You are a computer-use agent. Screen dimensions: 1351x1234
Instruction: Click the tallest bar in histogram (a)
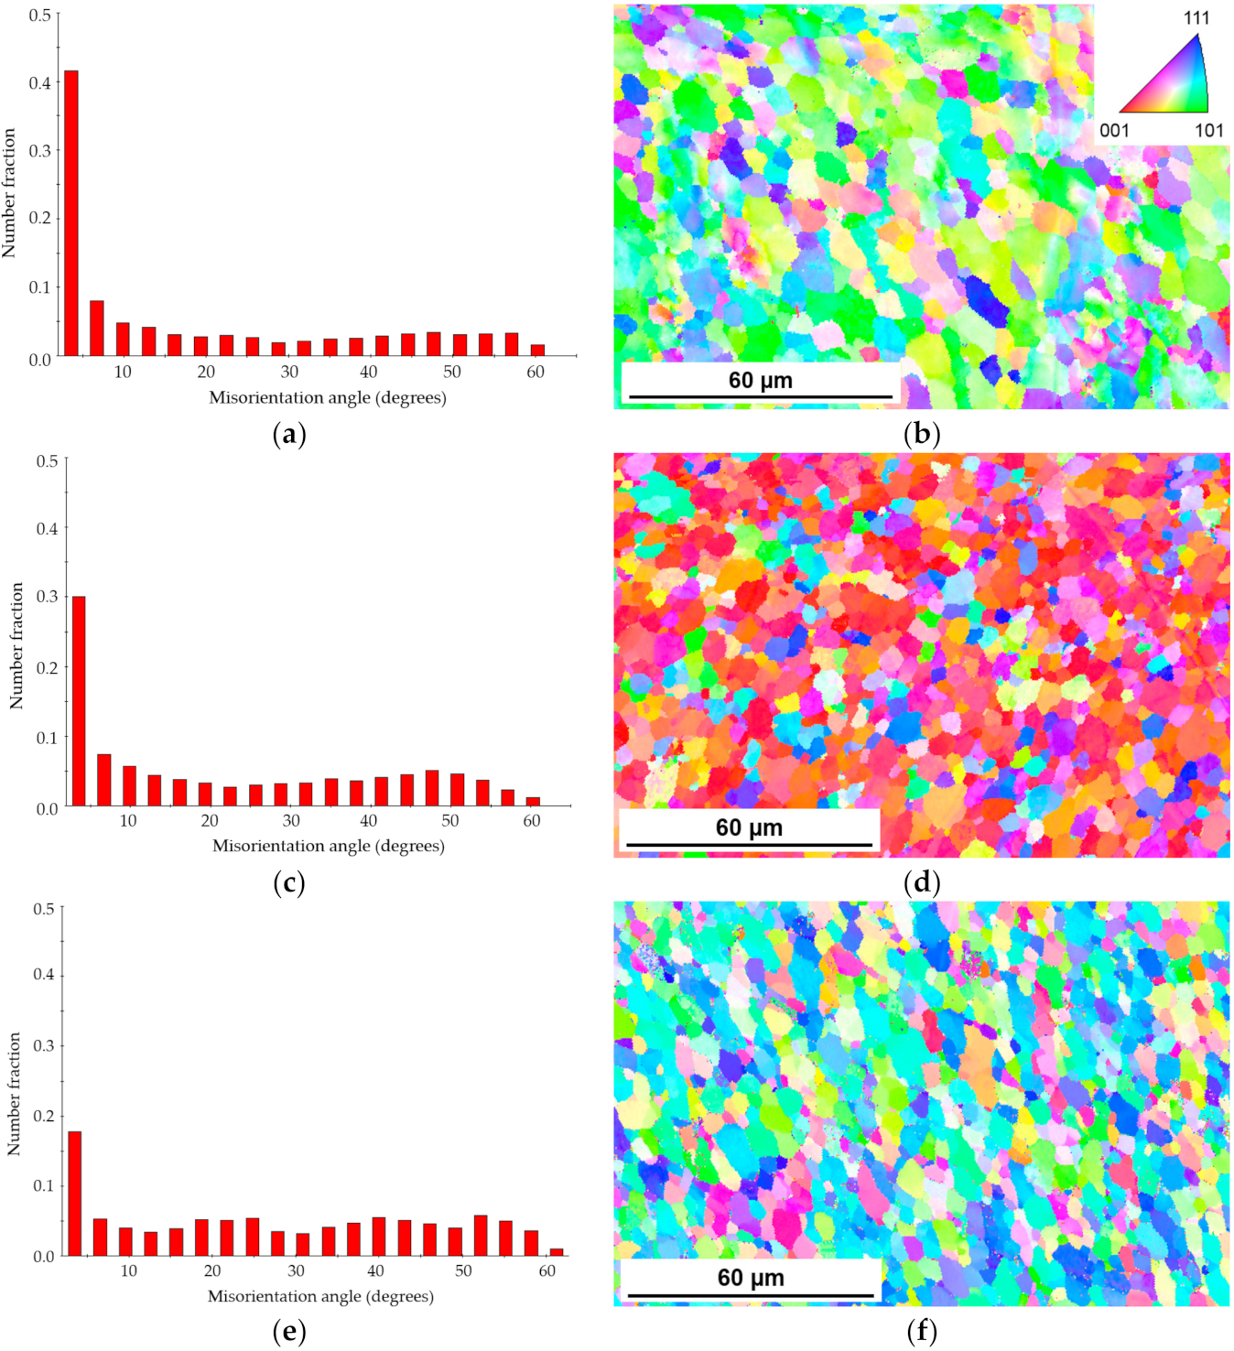click(70, 212)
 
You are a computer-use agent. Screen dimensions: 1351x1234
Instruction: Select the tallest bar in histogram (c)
click(79, 700)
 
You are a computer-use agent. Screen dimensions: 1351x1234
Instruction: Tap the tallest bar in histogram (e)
click(75, 1194)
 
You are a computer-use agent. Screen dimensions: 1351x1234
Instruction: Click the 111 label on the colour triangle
click(1196, 18)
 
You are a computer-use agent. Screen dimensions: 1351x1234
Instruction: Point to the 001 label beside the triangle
click(1114, 130)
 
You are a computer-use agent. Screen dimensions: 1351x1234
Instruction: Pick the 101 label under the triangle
click(1208, 130)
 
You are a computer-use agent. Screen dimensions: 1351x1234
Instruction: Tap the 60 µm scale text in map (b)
click(760, 380)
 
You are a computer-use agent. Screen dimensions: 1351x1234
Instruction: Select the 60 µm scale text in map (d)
click(749, 827)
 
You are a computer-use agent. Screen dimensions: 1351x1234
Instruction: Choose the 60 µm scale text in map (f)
click(751, 1278)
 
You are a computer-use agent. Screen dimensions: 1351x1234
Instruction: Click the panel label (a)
click(289, 434)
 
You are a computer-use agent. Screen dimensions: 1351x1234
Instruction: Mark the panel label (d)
click(921, 882)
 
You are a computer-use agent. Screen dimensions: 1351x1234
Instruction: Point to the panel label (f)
click(921, 1332)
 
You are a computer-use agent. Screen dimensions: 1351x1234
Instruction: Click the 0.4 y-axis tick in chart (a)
click(39, 83)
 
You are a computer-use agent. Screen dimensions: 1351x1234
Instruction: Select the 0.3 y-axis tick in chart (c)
click(47, 597)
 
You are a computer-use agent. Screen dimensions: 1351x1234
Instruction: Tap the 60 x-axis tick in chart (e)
click(547, 1271)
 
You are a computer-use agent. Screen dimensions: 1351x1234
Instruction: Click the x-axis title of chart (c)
click(329, 846)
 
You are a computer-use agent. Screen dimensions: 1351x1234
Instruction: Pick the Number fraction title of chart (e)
click(14, 1094)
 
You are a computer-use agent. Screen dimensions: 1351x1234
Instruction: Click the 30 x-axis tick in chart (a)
click(289, 372)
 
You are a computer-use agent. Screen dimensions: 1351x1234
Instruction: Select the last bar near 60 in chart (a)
click(537, 350)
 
